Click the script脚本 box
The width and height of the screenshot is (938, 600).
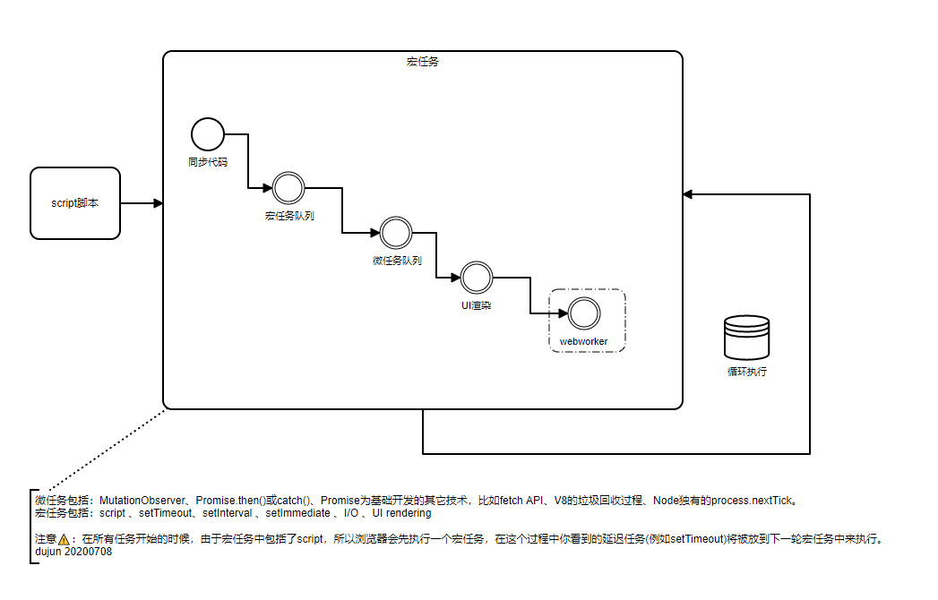pyautogui.click(x=75, y=203)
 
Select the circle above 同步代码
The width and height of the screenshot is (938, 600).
pyautogui.click(x=207, y=134)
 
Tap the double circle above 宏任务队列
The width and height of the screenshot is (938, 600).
pyautogui.click(x=288, y=188)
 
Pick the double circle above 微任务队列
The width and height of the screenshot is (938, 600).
pyautogui.click(x=395, y=233)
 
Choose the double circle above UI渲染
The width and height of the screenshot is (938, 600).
pyautogui.click(x=477, y=277)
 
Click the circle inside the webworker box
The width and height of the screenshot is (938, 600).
pyautogui.click(x=583, y=313)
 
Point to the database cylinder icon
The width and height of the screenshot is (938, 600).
pyautogui.click(x=746, y=338)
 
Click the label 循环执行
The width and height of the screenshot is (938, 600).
pyautogui.click(x=746, y=371)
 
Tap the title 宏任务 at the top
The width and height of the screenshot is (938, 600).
pyautogui.click(x=422, y=62)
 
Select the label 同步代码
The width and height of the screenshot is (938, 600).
pyautogui.click(x=207, y=163)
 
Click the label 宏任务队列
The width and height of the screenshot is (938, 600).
pyautogui.click(x=288, y=217)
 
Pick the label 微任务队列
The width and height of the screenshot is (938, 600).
pyautogui.click(x=396, y=261)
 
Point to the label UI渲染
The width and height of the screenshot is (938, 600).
pyautogui.click(x=476, y=305)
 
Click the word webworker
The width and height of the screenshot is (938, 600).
pyautogui.click(x=583, y=341)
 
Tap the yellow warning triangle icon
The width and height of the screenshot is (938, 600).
pyautogui.click(x=64, y=540)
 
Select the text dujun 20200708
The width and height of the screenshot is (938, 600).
pyautogui.click(x=73, y=552)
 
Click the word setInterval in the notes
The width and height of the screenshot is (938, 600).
pyautogui.click(x=227, y=513)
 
